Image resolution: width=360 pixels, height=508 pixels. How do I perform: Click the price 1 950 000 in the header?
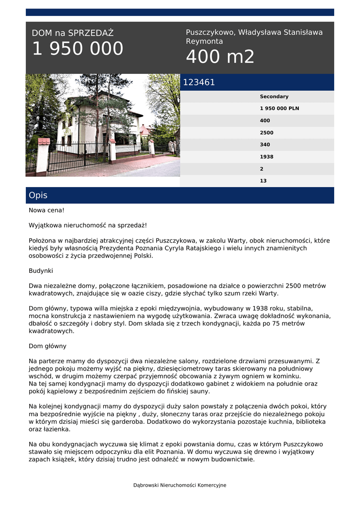tap(78, 49)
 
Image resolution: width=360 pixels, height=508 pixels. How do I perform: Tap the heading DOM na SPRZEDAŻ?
tap(72, 33)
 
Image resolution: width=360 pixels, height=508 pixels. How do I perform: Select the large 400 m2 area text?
tap(220, 57)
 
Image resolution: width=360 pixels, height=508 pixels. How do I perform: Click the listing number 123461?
tap(199, 82)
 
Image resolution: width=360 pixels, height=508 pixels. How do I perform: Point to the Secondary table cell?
tap(274, 97)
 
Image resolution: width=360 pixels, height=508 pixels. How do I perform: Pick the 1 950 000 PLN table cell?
tap(280, 109)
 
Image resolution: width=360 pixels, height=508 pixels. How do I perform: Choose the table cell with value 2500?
tap(267, 133)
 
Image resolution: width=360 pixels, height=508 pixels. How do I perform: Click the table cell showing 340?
tap(265, 145)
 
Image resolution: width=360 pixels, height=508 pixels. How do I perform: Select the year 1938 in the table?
tap(267, 157)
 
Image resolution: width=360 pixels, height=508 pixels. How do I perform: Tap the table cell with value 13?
tap(263, 181)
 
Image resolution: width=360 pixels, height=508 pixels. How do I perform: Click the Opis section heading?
tap(38, 195)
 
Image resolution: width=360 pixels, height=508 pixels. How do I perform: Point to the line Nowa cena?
tap(47, 210)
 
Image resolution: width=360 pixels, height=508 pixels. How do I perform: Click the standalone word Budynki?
tap(41, 271)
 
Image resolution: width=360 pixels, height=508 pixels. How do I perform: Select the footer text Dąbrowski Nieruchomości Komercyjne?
tap(180, 485)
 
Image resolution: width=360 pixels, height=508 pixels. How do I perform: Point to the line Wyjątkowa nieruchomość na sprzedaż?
tap(88, 225)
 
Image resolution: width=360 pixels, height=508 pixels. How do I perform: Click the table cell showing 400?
tap(265, 121)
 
